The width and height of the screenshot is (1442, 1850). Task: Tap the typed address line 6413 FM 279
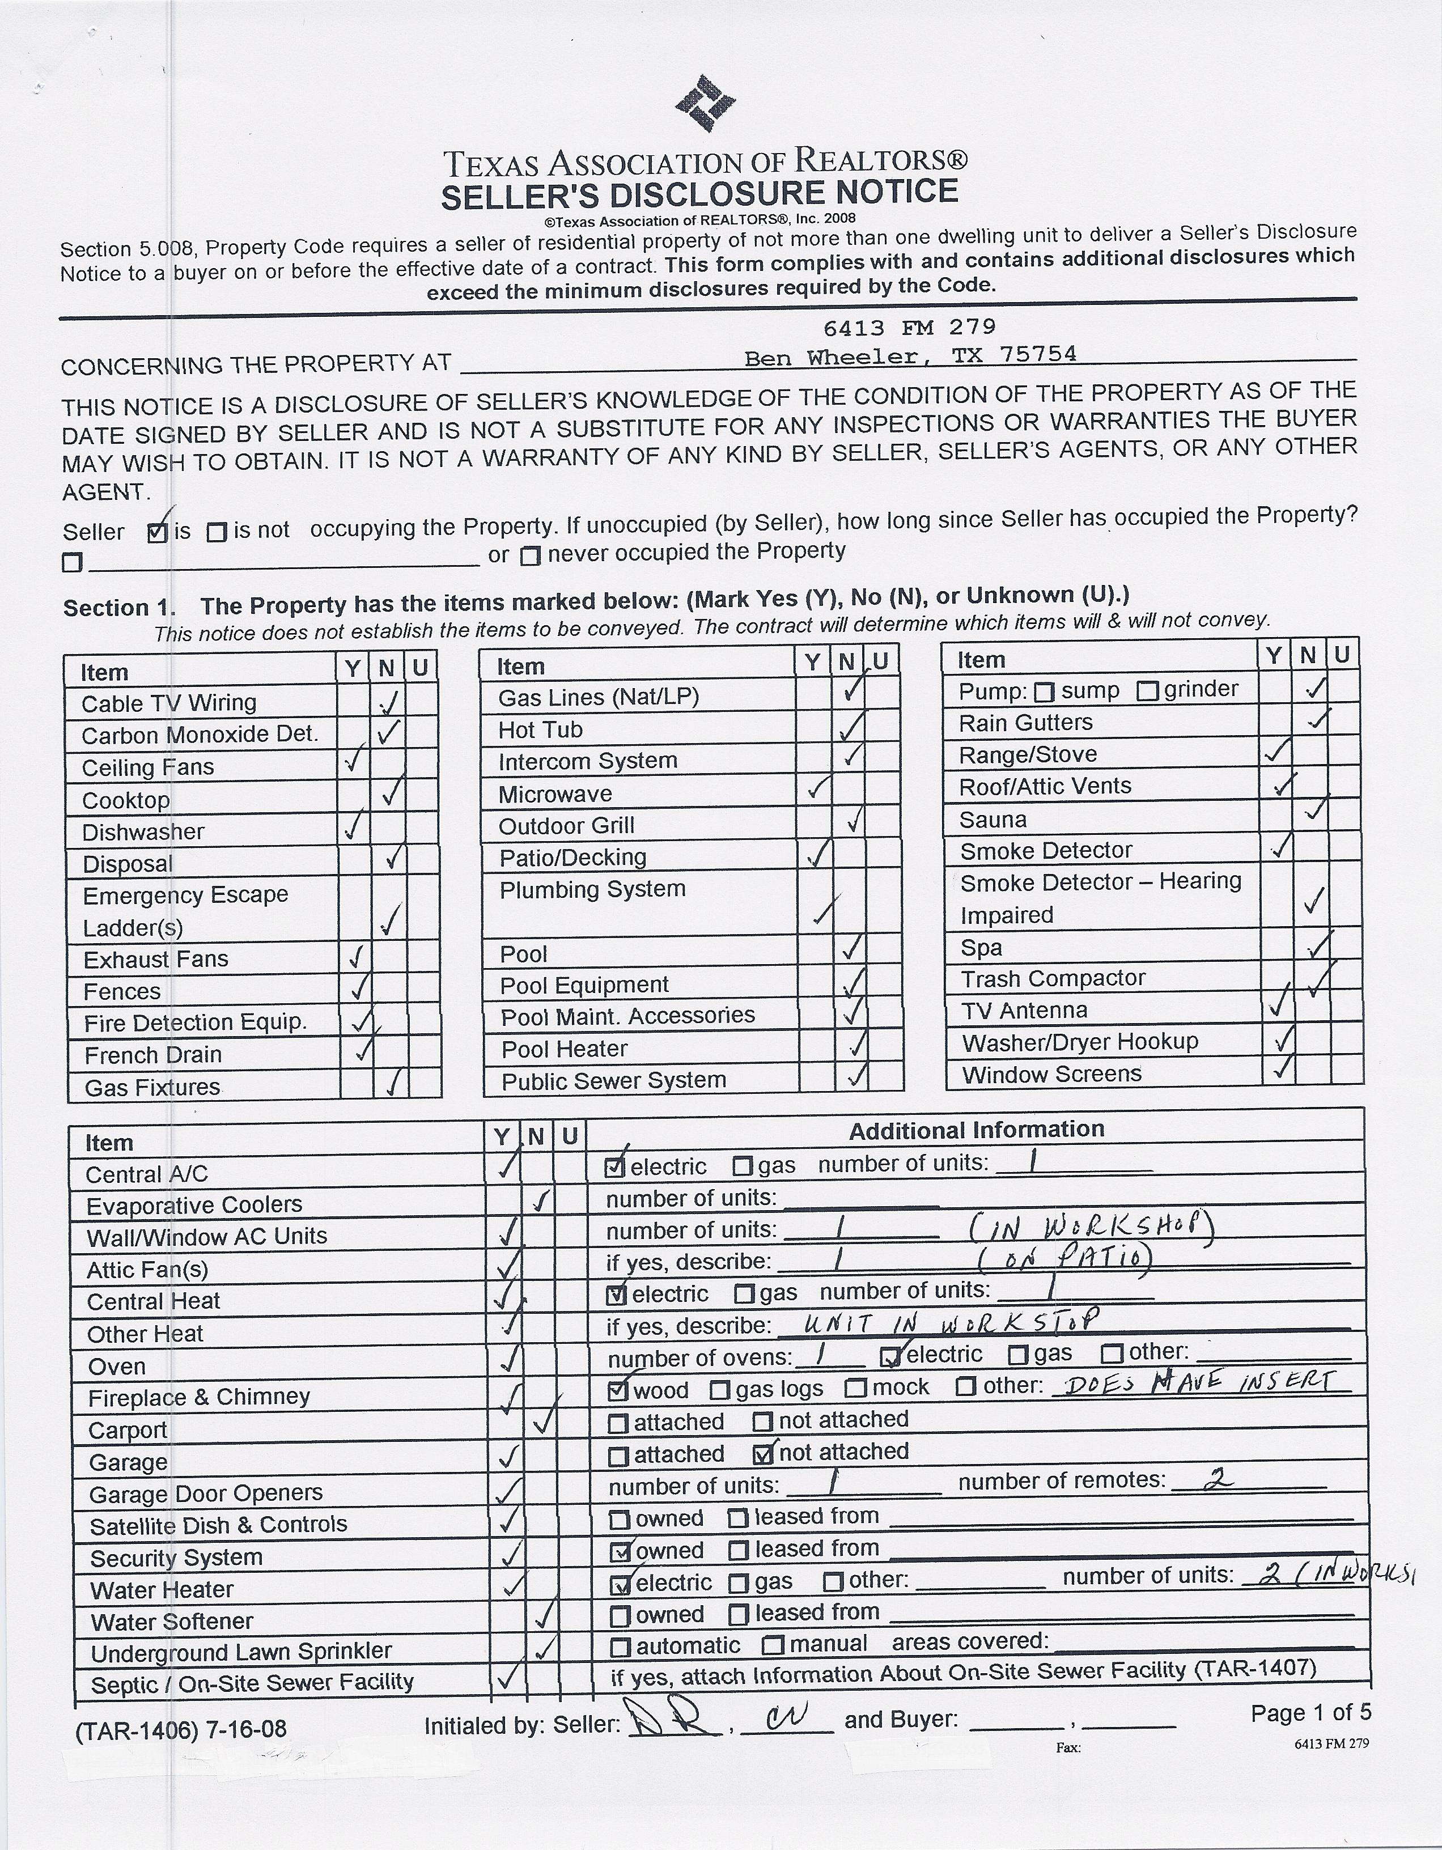click(x=909, y=327)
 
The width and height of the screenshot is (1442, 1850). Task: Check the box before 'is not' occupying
click(x=217, y=532)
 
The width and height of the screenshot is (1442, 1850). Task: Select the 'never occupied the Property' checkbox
click(x=531, y=555)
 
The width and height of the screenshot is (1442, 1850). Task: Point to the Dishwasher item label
click(x=143, y=832)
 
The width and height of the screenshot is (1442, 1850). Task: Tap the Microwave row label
click(x=555, y=794)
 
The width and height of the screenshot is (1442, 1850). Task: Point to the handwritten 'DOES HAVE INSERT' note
click(x=1197, y=1384)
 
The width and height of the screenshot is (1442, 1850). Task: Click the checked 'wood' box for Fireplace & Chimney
click(x=618, y=1389)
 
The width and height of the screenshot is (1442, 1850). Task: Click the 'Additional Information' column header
click(x=976, y=1130)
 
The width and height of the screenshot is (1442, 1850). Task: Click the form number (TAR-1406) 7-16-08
click(x=180, y=1729)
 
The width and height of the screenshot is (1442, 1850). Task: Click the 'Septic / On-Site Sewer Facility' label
click(x=252, y=1683)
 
